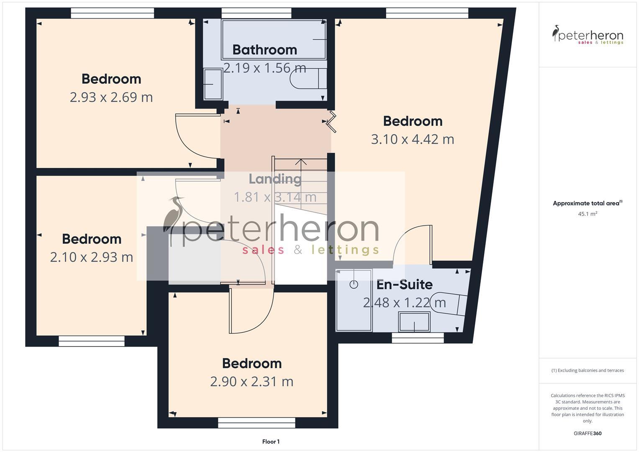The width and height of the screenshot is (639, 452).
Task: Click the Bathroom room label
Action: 265,50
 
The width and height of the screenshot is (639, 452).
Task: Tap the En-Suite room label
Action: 405,285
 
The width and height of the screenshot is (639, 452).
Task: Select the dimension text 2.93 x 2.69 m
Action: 111,97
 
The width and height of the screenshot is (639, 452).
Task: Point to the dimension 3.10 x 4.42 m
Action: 413,139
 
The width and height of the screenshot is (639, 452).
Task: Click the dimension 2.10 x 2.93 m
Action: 92,257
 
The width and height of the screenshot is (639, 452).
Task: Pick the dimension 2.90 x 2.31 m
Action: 251,382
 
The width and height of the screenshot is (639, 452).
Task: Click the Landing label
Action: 275,179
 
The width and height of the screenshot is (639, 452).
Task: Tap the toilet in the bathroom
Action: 308,79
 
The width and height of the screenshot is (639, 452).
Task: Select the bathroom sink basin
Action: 213,84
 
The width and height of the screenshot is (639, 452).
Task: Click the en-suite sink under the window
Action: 414,322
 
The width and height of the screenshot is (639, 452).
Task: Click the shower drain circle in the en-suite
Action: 354,285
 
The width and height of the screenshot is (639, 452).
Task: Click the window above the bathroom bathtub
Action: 257,13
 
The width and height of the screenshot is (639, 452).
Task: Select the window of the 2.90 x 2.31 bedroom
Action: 257,423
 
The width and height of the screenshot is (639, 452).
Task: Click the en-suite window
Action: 418,338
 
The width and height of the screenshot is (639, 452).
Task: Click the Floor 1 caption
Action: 271,442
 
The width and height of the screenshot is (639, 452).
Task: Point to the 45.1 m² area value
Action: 588,214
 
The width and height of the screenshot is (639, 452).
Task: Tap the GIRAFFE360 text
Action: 588,434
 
